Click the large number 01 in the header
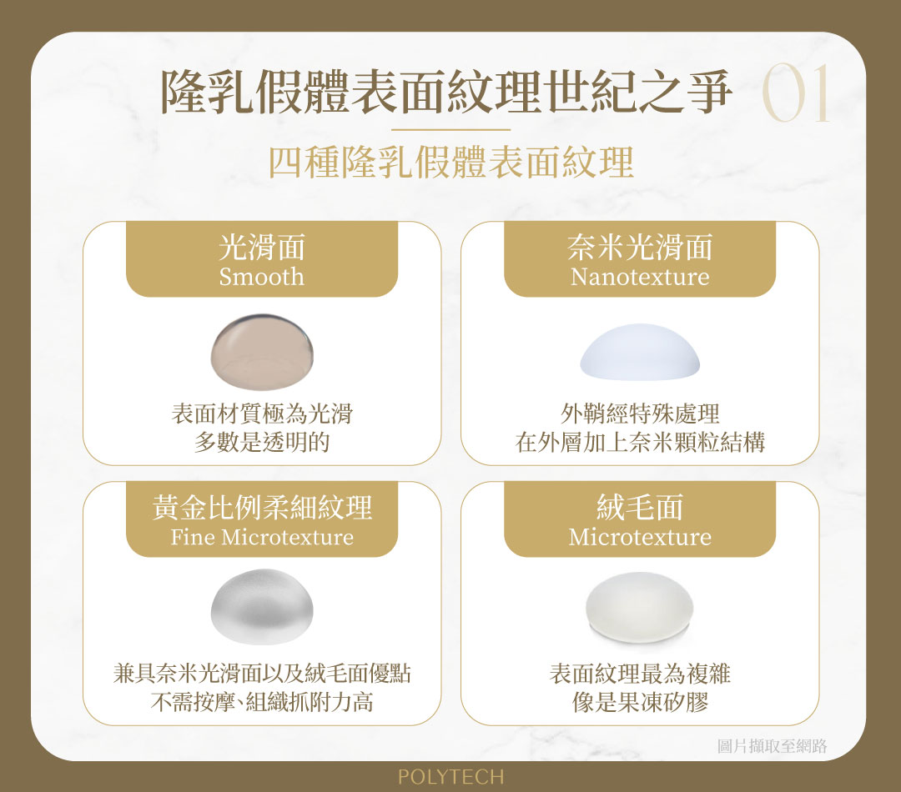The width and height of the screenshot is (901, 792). point(797,93)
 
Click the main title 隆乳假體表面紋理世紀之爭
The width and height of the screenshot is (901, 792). point(446,92)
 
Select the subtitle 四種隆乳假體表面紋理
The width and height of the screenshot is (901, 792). point(451,162)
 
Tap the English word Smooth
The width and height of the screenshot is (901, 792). point(261,277)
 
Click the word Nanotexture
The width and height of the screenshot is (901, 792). point(640,277)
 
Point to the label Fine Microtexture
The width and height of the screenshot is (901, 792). point(262,537)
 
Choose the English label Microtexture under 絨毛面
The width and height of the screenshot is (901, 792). point(640,537)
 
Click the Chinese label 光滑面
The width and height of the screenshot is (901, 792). point(262,247)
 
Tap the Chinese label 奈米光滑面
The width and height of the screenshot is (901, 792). point(640,247)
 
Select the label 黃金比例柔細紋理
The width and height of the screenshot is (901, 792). point(262,507)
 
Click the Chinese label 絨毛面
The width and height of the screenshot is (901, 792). point(640,507)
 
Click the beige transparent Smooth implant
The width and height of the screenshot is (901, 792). point(262,352)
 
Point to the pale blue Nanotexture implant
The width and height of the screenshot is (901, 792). point(640,352)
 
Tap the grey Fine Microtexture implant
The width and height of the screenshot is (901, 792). point(262,606)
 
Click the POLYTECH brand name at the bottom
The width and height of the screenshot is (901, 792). point(451,776)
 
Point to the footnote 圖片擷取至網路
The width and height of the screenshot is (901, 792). point(773,745)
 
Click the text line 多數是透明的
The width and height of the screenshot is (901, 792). point(262,442)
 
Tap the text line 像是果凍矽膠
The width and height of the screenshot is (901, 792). point(640,702)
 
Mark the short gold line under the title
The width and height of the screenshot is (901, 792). point(451,130)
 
